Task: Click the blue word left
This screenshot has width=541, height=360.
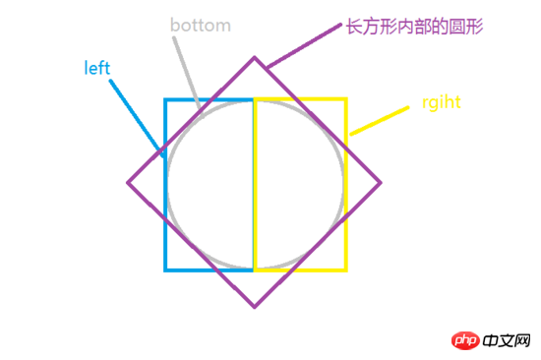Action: tap(97, 68)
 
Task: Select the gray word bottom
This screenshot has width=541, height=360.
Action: tap(200, 25)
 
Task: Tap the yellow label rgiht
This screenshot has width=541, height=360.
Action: tap(442, 102)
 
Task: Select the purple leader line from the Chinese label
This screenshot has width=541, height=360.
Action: tap(300, 45)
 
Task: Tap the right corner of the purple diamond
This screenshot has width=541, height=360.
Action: tap(381, 182)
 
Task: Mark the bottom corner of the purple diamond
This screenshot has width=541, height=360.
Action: tap(255, 306)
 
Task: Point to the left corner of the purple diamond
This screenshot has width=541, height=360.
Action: tap(129, 182)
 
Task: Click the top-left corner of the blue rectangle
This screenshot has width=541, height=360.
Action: tap(165, 99)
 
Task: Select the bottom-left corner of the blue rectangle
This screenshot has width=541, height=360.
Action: tap(165, 269)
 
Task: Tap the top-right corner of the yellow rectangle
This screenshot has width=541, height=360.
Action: tap(346, 99)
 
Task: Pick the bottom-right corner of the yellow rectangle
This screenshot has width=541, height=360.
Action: tap(346, 269)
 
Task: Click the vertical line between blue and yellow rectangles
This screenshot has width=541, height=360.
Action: tap(254, 187)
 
